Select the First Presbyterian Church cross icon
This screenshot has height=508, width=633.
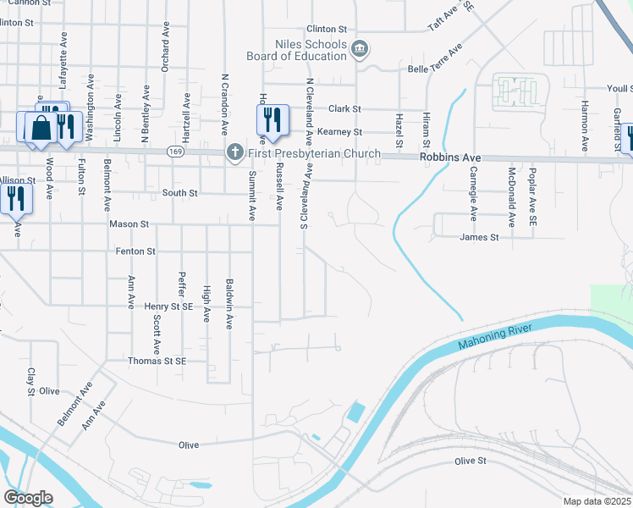(234, 153)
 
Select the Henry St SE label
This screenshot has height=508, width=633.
(168, 306)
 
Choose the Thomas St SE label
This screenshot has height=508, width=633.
(156, 361)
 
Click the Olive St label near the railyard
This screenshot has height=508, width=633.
(471, 461)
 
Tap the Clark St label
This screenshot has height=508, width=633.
(344, 109)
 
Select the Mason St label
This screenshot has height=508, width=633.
(129, 224)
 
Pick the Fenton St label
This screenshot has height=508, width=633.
(135, 251)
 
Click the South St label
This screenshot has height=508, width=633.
(179, 193)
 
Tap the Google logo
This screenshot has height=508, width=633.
(28, 497)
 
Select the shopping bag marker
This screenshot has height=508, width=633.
(41, 128)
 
